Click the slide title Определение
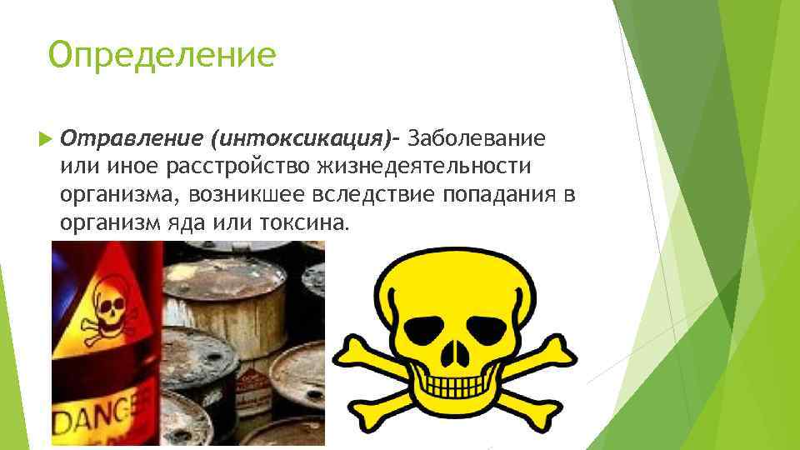point(162,55)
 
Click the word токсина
point(304,223)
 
